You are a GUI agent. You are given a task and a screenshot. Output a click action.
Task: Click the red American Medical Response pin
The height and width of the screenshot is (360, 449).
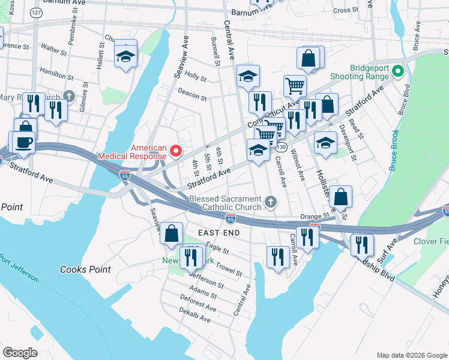(176, 151)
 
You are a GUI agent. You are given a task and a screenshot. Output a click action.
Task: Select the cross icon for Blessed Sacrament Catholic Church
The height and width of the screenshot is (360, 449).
(271, 202)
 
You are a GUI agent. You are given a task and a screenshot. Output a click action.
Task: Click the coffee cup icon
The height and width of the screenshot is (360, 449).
(25, 143)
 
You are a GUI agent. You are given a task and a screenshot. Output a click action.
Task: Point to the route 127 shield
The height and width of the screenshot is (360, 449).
(37, 13)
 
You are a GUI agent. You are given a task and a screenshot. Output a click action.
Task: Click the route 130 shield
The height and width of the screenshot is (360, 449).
(282, 147)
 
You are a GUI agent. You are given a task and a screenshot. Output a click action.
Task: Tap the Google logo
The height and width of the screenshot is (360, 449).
(20, 353)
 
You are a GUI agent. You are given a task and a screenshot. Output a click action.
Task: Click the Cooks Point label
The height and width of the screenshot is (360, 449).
(85, 269)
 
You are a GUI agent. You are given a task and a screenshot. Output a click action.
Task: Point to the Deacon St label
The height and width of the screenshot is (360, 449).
(192, 94)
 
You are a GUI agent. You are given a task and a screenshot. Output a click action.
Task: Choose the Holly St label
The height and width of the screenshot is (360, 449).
(196, 76)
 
